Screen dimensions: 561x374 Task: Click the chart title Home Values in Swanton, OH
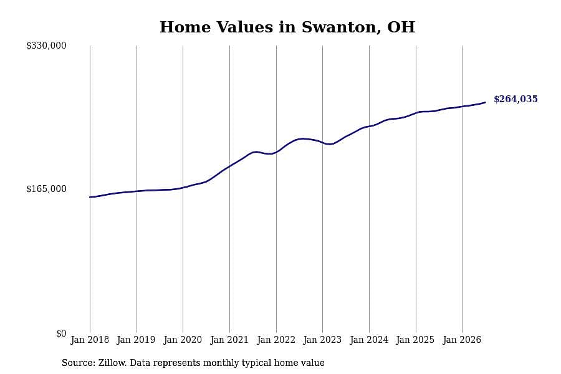[287, 27]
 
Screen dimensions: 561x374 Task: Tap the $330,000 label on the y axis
[46, 46]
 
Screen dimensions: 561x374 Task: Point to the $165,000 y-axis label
[46, 189]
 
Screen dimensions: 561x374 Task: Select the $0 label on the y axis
[61, 333]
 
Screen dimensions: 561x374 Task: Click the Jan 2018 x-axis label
[90, 340]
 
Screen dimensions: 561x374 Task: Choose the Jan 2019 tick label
[137, 340]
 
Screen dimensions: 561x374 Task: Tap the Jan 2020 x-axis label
[183, 340]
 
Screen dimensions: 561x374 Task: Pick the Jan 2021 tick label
[229, 340]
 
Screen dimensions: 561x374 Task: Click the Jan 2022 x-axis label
[276, 340]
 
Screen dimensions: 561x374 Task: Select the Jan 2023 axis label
[322, 340]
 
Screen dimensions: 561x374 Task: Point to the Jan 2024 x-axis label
[369, 340]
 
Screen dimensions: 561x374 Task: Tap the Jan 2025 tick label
[416, 340]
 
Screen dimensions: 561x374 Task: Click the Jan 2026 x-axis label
[463, 340]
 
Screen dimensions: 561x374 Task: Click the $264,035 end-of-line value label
[515, 99]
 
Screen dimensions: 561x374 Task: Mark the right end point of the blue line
[485, 102]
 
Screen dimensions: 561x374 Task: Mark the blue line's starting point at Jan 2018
[90, 197]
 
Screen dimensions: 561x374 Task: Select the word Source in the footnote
[77, 363]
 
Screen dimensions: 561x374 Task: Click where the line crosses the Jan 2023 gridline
[323, 143]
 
